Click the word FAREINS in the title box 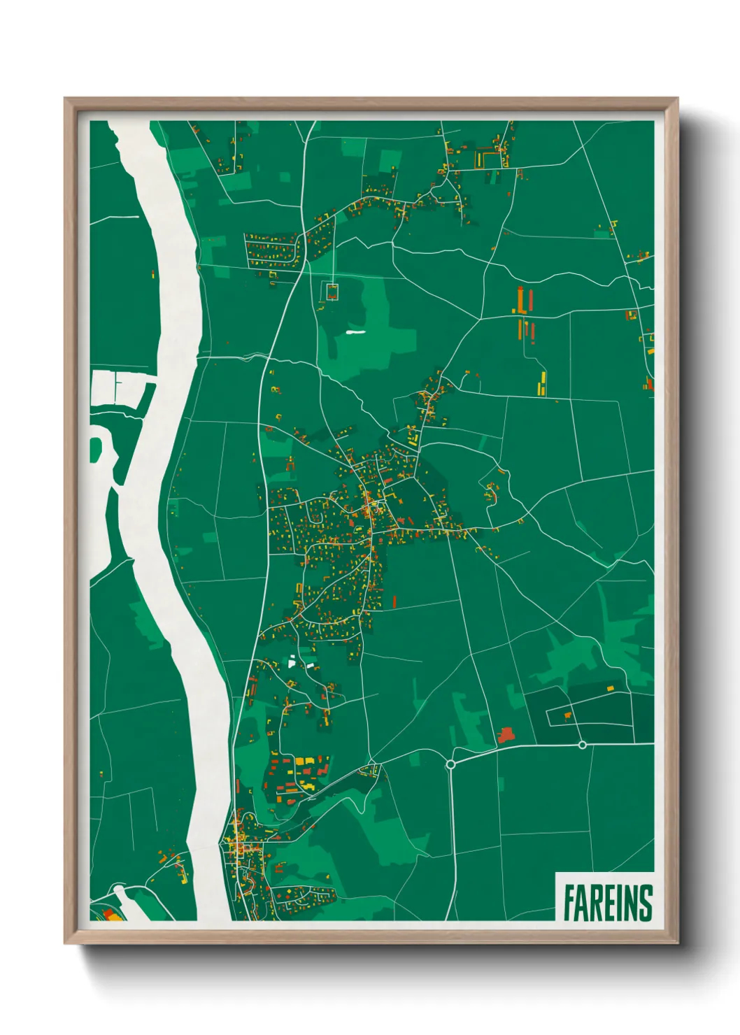click(x=607, y=902)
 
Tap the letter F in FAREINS click(x=569, y=902)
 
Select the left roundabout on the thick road click(x=450, y=764)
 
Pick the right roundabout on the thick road click(x=582, y=745)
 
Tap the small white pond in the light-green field click(x=355, y=332)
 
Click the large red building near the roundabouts click(x=505, y=734)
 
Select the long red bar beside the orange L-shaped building click(x=531, y=299)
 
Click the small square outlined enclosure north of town click(x=332, y=291)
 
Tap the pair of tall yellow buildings click(x=542, y=383)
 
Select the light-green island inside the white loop click(x=95, y=449)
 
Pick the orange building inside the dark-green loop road click(x=567, y=715)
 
